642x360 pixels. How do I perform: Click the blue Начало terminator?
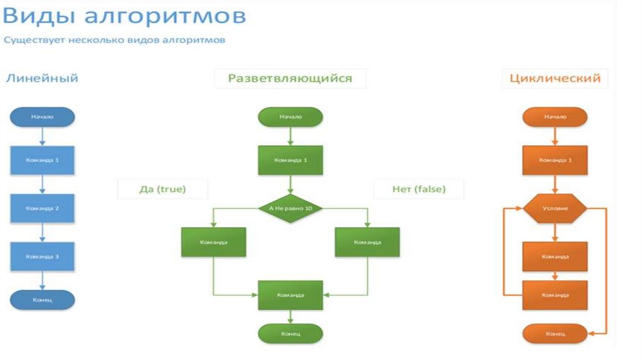tap(42, 117)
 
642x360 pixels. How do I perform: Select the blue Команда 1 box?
tap(42, 160)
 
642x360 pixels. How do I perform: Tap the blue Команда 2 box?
tap(42, 208)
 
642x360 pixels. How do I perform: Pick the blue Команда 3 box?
tap(42, 257)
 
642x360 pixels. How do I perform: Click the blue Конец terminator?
tap(42, 300)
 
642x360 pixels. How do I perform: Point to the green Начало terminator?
tap(290, 117)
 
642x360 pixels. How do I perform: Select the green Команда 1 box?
tap(290, 160)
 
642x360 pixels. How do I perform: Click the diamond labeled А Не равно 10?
tap(290, 208)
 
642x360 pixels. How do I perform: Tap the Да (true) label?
tap(162, 189)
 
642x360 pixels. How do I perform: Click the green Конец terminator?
tap(290, 334)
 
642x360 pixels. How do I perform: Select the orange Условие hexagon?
tap(555, 208)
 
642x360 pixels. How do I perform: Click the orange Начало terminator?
tap(555, 117)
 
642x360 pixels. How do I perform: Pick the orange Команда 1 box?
tap(555, 160)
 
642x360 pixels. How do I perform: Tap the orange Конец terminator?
tap(555, 334)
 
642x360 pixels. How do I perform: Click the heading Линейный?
tap(42, 78)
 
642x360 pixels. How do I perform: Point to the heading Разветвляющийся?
tap(290, 78)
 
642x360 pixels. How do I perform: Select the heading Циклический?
tap(555, 78)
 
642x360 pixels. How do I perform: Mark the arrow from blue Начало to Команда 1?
tap(42, 136)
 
